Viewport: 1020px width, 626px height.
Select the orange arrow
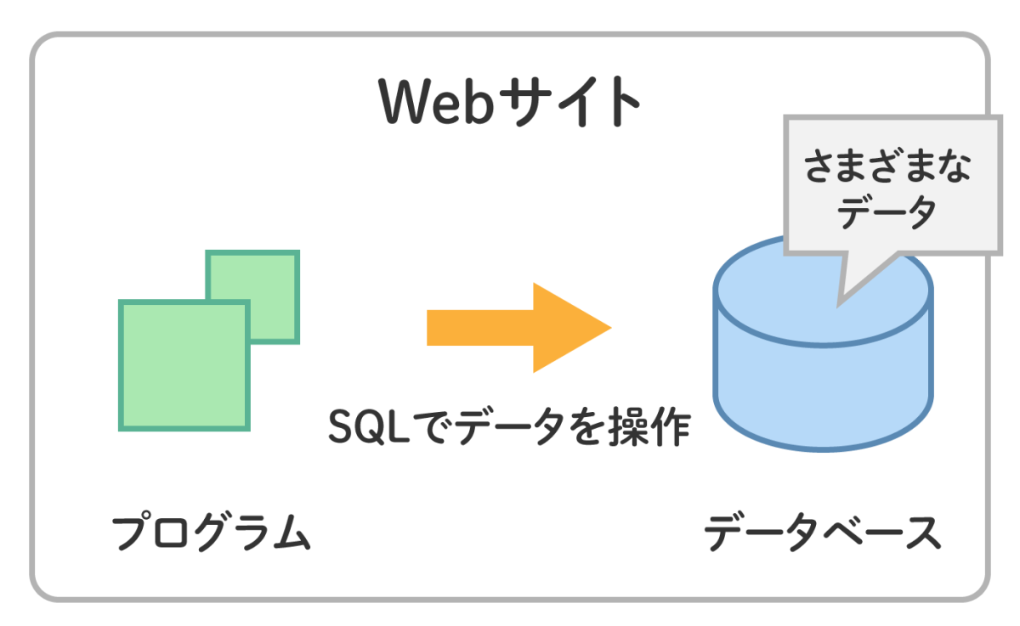point(518,327)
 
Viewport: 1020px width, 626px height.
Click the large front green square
point(184,365)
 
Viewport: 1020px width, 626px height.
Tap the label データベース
point(823,533)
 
